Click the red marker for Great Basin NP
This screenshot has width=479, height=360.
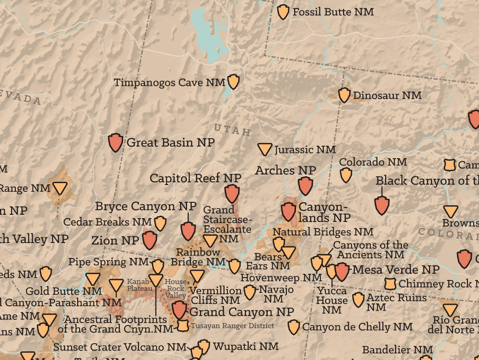[x=115, y=142]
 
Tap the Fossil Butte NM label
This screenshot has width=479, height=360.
[x=333, y=12]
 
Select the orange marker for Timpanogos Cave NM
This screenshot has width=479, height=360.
[x=233, y=81]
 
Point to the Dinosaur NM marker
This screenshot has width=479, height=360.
[x=344, y=95]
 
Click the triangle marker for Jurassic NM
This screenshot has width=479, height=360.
[x=264, y=149]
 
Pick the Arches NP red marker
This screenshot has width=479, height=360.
[x=305, y=186]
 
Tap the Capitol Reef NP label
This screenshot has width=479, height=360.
[x=195, y=178]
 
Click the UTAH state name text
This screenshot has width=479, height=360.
[x=232, y=129]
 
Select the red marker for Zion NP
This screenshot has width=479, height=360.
[x=149, y=240]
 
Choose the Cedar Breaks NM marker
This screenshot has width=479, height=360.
[x=160, y=223]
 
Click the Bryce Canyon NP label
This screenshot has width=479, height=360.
[x=146, y=206]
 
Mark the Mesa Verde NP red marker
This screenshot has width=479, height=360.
[x=342, y=271]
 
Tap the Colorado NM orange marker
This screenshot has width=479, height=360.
[x=346, y=175]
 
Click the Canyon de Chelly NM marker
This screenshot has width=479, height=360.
[x=294, y=327]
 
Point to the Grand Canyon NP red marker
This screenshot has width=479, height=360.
[x=179, y=309]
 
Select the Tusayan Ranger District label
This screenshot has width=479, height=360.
[x=233, y=326]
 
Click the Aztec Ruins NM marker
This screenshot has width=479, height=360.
[x=358, y=300]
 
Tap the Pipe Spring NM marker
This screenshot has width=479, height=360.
[x=158, y=267]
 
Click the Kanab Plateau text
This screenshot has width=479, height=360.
[x=138, y=285]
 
